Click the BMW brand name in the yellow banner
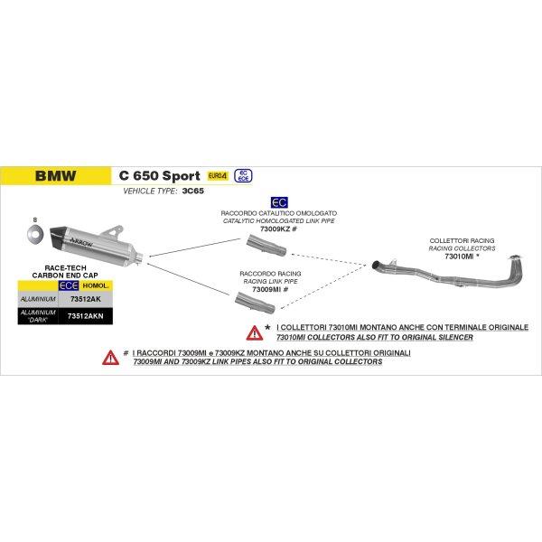point(56,175)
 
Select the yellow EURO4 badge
point(218,176)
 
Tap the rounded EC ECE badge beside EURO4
point(243,176)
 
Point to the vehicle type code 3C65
point(193,191)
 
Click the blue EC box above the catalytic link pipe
point(279,202)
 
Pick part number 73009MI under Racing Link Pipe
point(266,289)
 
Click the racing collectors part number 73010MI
point(459,257)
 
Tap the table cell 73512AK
point(86,299)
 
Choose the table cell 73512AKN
point(86,316)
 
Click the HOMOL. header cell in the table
point(96,285)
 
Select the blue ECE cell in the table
point(69,285)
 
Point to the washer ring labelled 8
point(35,235)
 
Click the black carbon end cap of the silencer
point(59,239)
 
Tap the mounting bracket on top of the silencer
point(113,231)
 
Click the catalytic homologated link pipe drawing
point(266,245)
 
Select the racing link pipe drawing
point(255,303)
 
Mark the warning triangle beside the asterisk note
point(255,332)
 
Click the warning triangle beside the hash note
point(110,358)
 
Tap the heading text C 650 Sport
point(159,175)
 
